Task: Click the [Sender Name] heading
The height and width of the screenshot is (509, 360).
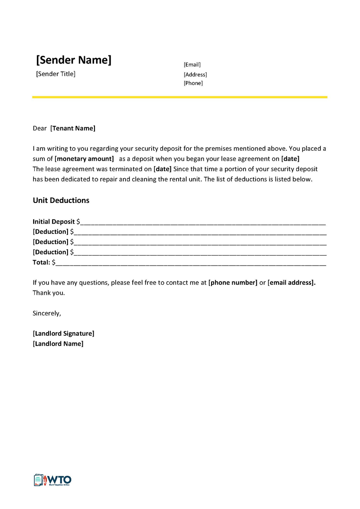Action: [x=73, y=60]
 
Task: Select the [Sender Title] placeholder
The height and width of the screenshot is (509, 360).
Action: [x=56, y=74]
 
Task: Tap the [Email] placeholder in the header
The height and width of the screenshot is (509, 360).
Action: [x=192, y=65]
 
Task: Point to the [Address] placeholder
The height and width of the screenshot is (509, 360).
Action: [x=195, y=74]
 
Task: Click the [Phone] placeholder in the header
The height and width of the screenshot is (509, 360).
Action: [x=193, y=83]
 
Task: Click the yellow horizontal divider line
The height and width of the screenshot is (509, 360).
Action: [x=180, y=97]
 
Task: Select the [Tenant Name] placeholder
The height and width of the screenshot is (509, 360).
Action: [x=73, y=128]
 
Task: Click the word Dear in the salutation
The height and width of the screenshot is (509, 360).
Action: [x=40, y=128]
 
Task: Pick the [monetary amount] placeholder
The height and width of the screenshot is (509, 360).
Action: [x=84, y=158]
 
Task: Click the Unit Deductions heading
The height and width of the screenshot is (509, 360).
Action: [x=61, y=200]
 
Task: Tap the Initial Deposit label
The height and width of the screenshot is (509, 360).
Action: [x=54, y=221]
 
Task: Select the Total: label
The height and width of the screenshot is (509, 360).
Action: [x=41, y=262]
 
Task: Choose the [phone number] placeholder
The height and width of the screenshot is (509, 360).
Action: [x=233, y=283]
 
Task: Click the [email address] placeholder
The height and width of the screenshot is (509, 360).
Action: [x=292, y=283]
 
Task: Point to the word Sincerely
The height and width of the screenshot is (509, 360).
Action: [x=47, y=313]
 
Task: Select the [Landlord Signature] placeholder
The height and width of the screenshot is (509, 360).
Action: [x=63, y=333]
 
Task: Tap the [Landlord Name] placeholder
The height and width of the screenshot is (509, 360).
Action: [x=58, y=343]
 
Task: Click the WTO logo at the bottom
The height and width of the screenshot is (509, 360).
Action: [x=52, y=480]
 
